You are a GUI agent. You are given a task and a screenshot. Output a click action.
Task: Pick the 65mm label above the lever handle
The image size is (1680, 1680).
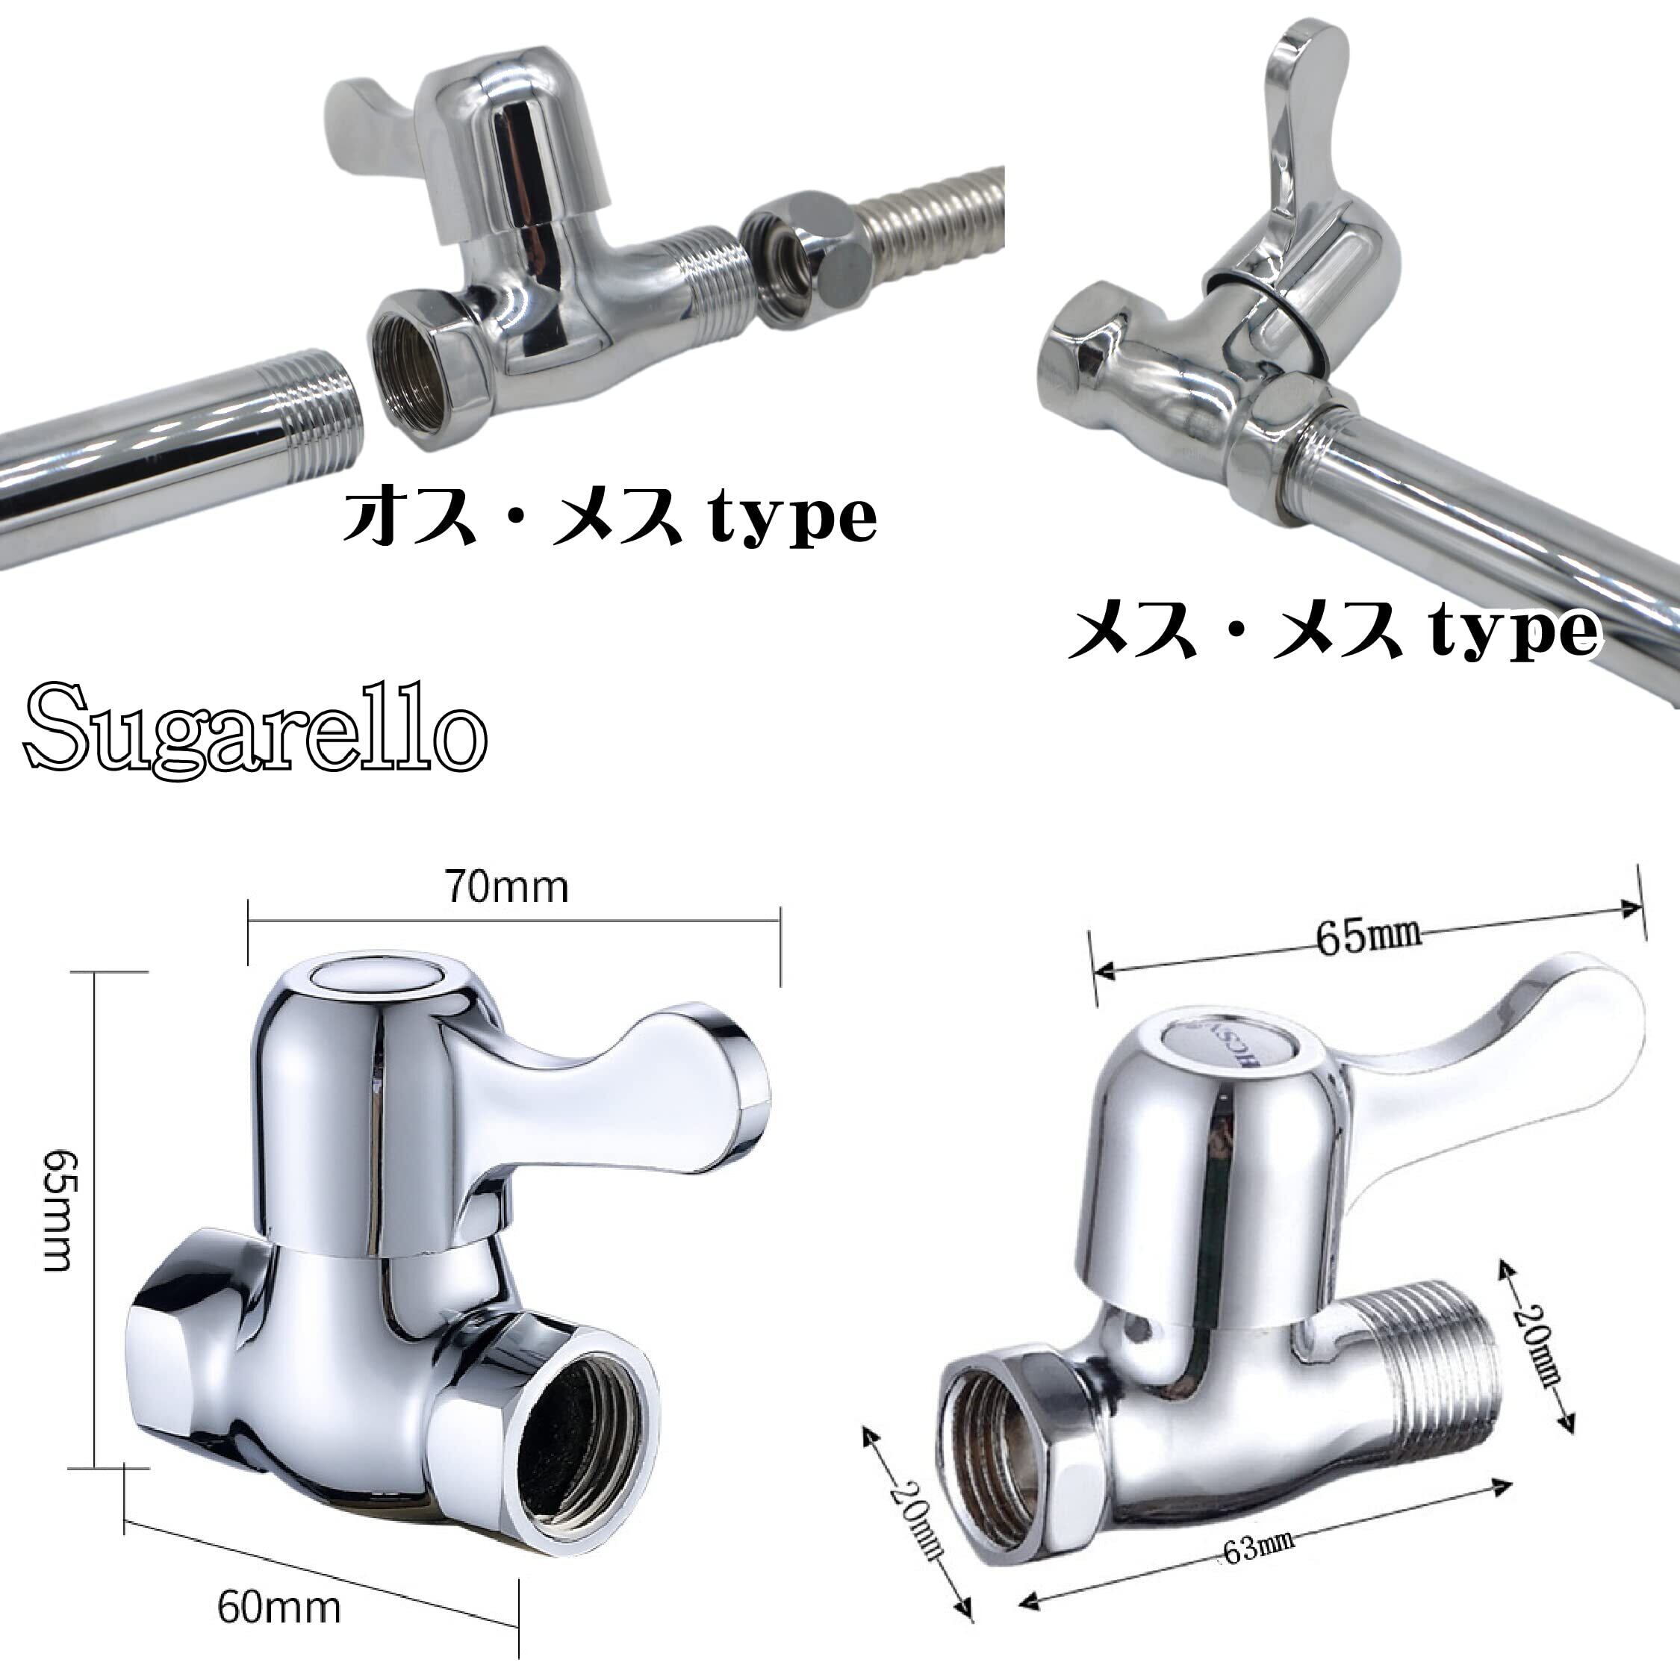pos(1368,940)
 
